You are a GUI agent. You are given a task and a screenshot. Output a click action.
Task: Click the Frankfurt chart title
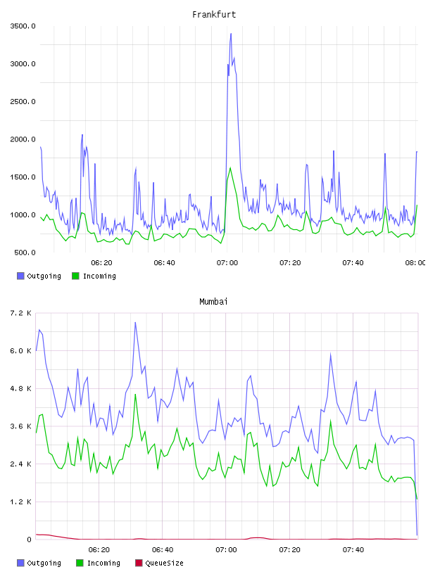(214, 15)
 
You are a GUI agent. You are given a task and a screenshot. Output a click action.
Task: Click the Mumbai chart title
(213, 302)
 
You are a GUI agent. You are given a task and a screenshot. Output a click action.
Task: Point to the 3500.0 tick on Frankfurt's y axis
(23, 26)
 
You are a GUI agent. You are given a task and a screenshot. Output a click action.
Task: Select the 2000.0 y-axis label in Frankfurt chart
(23, 139)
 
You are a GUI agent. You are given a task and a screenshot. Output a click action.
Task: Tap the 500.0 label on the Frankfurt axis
(25, 253)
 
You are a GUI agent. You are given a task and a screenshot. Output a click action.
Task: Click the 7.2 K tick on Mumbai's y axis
(21, 313)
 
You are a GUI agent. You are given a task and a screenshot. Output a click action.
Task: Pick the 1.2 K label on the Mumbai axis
(21, 502)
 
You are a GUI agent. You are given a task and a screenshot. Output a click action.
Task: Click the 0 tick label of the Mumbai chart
(29, 540)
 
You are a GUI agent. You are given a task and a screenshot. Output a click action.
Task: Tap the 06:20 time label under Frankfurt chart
(101, 263)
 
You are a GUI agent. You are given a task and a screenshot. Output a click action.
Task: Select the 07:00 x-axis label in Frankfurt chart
(227, 263)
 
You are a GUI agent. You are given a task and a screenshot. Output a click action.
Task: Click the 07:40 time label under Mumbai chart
(353, 550)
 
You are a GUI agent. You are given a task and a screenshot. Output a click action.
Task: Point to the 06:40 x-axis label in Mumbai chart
(163, 550)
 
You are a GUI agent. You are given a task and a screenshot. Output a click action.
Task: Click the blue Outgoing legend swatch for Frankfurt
(20, 276)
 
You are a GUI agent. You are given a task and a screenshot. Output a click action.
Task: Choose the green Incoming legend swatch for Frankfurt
(75, 276)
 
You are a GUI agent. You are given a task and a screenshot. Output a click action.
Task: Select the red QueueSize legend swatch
(139, 563)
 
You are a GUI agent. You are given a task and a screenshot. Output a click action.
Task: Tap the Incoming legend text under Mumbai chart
(103, 563)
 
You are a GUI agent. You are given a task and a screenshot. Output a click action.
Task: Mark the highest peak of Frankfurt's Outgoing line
(231, 34)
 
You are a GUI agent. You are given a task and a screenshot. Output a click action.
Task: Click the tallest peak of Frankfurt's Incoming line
(230, 167)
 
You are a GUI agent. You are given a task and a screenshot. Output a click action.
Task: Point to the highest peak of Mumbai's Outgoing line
(135, 322)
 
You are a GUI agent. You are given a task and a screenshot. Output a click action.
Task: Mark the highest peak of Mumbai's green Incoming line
(135, 394)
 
